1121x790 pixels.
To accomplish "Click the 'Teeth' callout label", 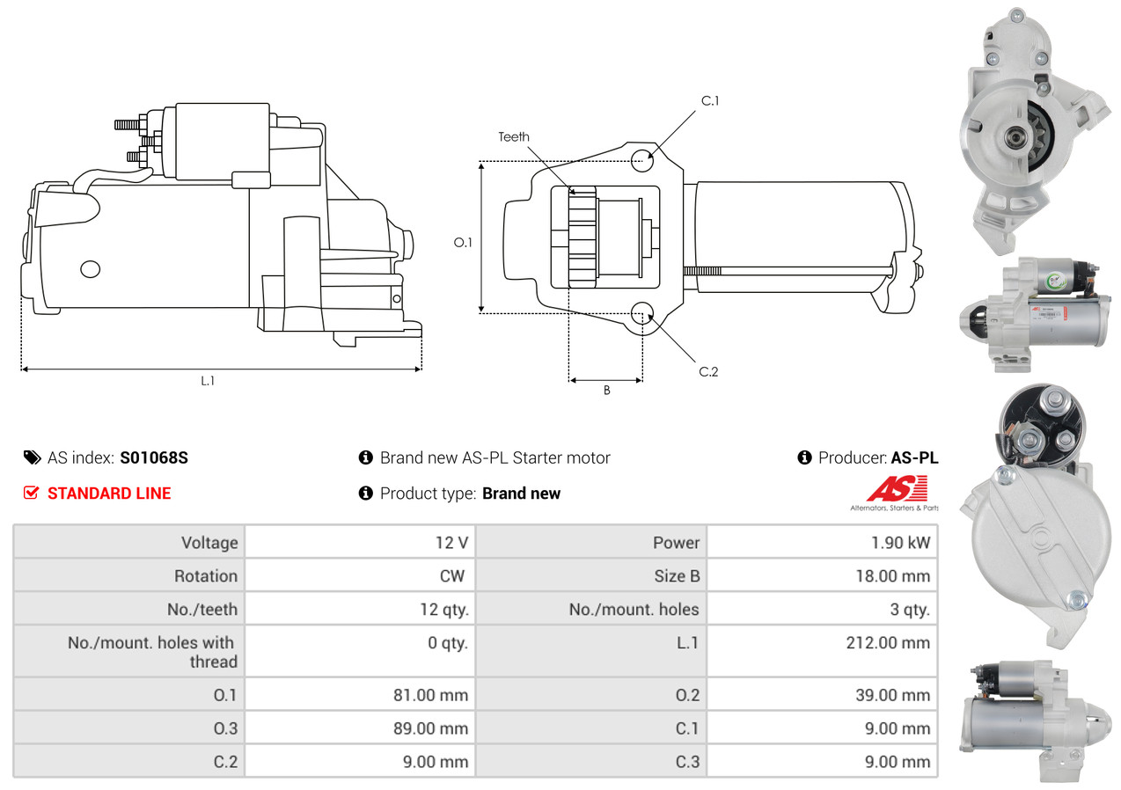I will pos(514,136).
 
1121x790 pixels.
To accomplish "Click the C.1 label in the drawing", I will pos(710,100).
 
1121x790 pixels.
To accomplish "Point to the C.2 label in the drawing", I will pos(708,371).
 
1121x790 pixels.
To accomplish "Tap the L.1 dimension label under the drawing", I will pos(208,381).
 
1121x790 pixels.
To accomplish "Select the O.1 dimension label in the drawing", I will pos(463,242).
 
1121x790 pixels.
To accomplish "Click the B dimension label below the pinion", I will pos(606,391).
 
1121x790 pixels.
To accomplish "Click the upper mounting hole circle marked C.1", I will pos(643,158).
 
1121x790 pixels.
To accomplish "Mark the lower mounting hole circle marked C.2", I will pos(643,312).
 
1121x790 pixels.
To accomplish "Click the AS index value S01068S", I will pos(154,457).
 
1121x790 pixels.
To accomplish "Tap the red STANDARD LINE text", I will pos(109,494).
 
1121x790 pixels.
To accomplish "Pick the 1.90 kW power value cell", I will pos(900,543).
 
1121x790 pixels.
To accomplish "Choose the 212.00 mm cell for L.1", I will pos(888,643).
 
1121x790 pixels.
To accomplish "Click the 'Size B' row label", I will pos(670,576).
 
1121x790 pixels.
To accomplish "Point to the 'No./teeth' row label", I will pos(202,609).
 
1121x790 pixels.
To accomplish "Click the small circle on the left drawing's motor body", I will pos(90,269).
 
